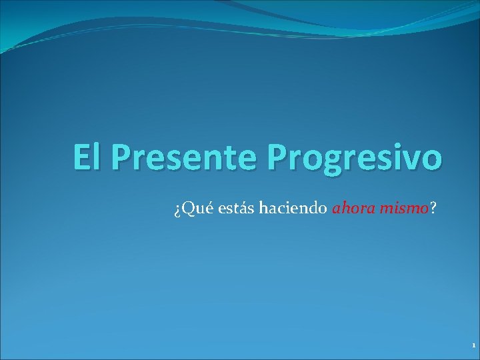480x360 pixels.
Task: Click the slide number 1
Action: point(473,346)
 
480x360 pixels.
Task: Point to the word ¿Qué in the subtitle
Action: point(188,209)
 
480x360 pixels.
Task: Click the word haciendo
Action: point(284,209)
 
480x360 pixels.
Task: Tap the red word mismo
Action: point(403,209)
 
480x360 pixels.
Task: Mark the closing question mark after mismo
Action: point(434,209)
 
